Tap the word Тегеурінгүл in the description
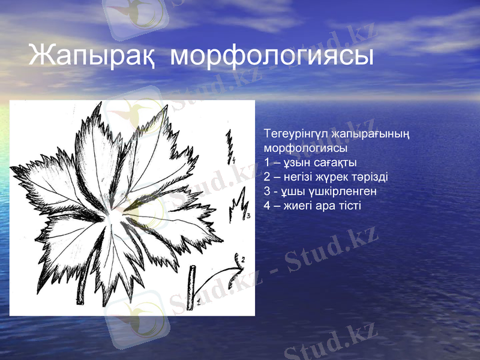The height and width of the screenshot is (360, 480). click(x=292, y=133)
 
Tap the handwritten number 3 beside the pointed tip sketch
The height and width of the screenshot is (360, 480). click(x=247, y=215)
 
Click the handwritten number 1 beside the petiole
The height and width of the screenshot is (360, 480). click(x=199, y=303)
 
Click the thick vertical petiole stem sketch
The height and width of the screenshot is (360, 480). click(x=192, y=284)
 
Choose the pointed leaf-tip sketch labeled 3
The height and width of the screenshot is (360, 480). click(x=238, y=204)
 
